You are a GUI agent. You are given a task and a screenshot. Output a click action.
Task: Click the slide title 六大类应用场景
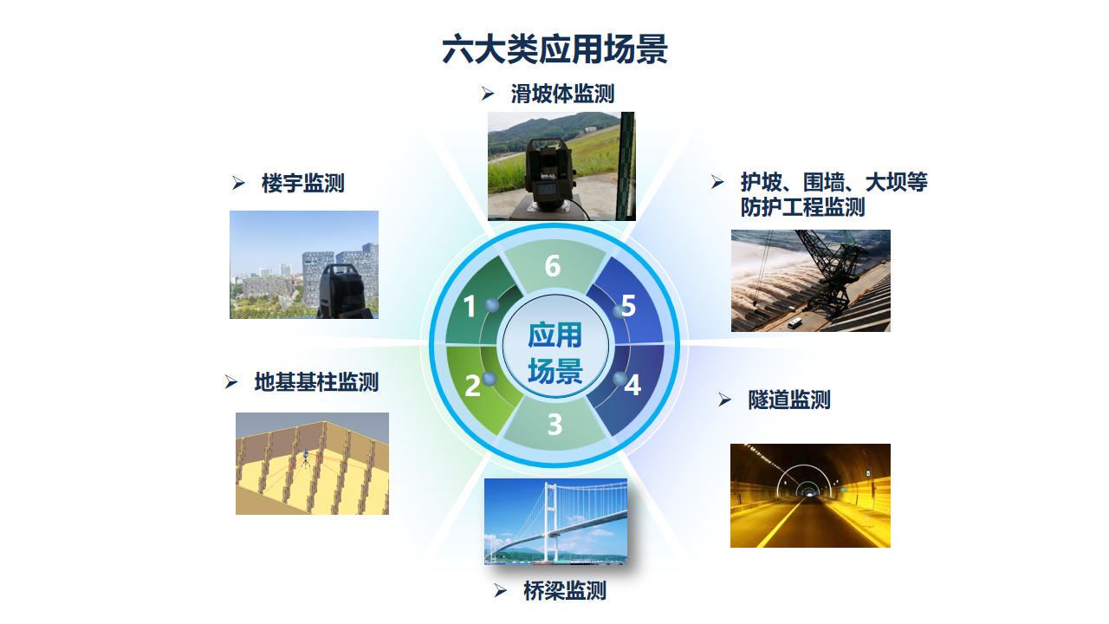554,49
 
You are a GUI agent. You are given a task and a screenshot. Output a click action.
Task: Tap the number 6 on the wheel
553,266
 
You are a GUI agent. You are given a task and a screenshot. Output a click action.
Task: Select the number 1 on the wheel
470,306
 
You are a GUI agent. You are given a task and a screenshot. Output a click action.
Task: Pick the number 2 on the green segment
472,386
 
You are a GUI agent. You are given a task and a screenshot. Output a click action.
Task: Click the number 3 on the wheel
555,425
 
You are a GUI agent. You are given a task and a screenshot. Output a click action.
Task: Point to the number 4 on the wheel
632,385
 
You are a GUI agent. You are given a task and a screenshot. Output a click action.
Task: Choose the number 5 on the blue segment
628,306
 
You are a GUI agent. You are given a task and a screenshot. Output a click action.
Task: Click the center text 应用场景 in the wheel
555,353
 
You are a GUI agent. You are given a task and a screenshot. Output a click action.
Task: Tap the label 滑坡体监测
562,94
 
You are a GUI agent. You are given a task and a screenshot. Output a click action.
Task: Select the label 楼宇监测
303,183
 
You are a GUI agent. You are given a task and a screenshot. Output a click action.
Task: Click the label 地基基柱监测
316,382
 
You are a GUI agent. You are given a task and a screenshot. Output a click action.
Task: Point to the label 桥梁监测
565,591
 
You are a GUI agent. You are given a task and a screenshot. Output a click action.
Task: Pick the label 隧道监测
789,400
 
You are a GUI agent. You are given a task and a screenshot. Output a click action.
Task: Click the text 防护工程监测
802,207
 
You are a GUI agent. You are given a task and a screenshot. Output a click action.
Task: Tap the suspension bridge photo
555,522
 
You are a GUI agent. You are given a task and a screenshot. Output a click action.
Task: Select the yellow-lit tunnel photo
810,496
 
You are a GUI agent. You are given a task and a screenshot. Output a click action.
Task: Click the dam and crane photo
811,281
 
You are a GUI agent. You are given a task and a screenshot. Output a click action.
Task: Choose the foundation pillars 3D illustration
313,464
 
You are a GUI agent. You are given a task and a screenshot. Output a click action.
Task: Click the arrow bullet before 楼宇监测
238,183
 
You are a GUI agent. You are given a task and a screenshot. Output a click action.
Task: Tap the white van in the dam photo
794,323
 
